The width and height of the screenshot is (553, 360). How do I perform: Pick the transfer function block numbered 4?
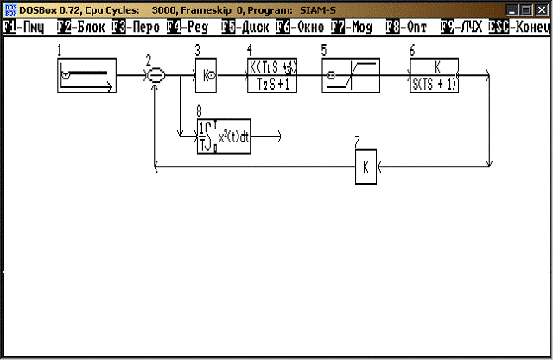[273, 76]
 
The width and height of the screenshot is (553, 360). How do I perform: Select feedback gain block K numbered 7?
[365, 167]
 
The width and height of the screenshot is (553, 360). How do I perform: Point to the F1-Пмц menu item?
[23, 27]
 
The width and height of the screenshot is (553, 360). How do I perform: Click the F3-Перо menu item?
[137, 27]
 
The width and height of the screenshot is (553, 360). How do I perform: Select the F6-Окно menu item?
[300, 27]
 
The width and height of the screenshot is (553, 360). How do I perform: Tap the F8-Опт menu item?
[407, 27]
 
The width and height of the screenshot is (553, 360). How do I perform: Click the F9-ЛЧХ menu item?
[461, 27]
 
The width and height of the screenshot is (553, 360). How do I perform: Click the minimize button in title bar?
[512, 9]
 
